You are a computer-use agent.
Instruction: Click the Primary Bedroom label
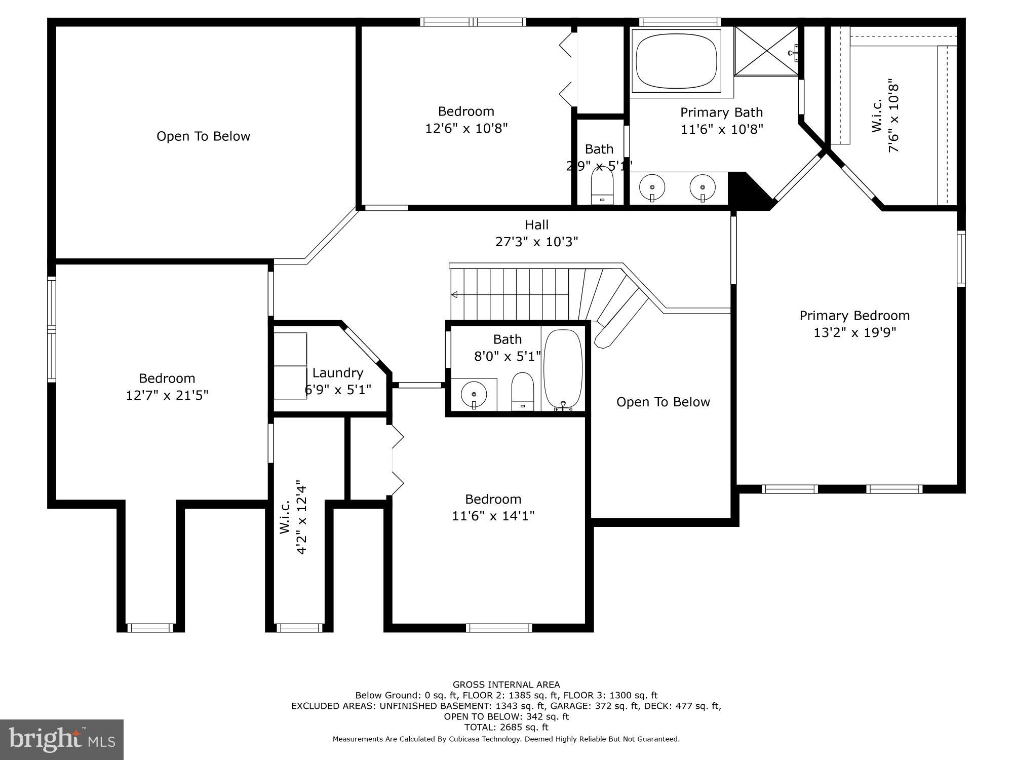coord(854,316)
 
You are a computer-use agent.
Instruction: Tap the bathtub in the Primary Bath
coord(676,60)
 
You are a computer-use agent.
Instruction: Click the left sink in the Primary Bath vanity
coord(652,188)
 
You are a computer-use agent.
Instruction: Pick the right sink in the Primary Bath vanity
coord(703,188)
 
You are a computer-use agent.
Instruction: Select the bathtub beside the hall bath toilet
coord(563,368)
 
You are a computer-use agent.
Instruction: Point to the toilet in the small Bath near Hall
coord(602,185)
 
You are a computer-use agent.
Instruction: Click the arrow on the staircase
coord(455,295)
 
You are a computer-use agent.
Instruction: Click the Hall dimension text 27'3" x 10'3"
coord(536,242)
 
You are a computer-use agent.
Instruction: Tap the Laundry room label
coord(338,373)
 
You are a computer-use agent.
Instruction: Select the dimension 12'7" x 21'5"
coord(167,395)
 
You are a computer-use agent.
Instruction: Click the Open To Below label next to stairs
coord(663,402)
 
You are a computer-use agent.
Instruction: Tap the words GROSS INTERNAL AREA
coord(506,685)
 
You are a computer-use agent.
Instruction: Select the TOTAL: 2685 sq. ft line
coord(506,727)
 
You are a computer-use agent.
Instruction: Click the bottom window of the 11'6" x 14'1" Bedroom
coord(499,628)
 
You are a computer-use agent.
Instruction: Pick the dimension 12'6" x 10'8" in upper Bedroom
coord(466,128)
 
